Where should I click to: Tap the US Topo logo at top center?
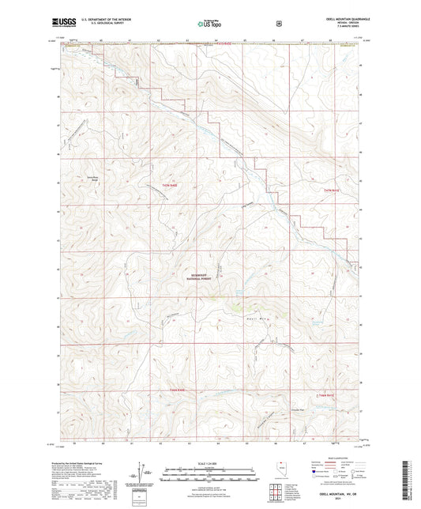[x=209, y=24]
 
